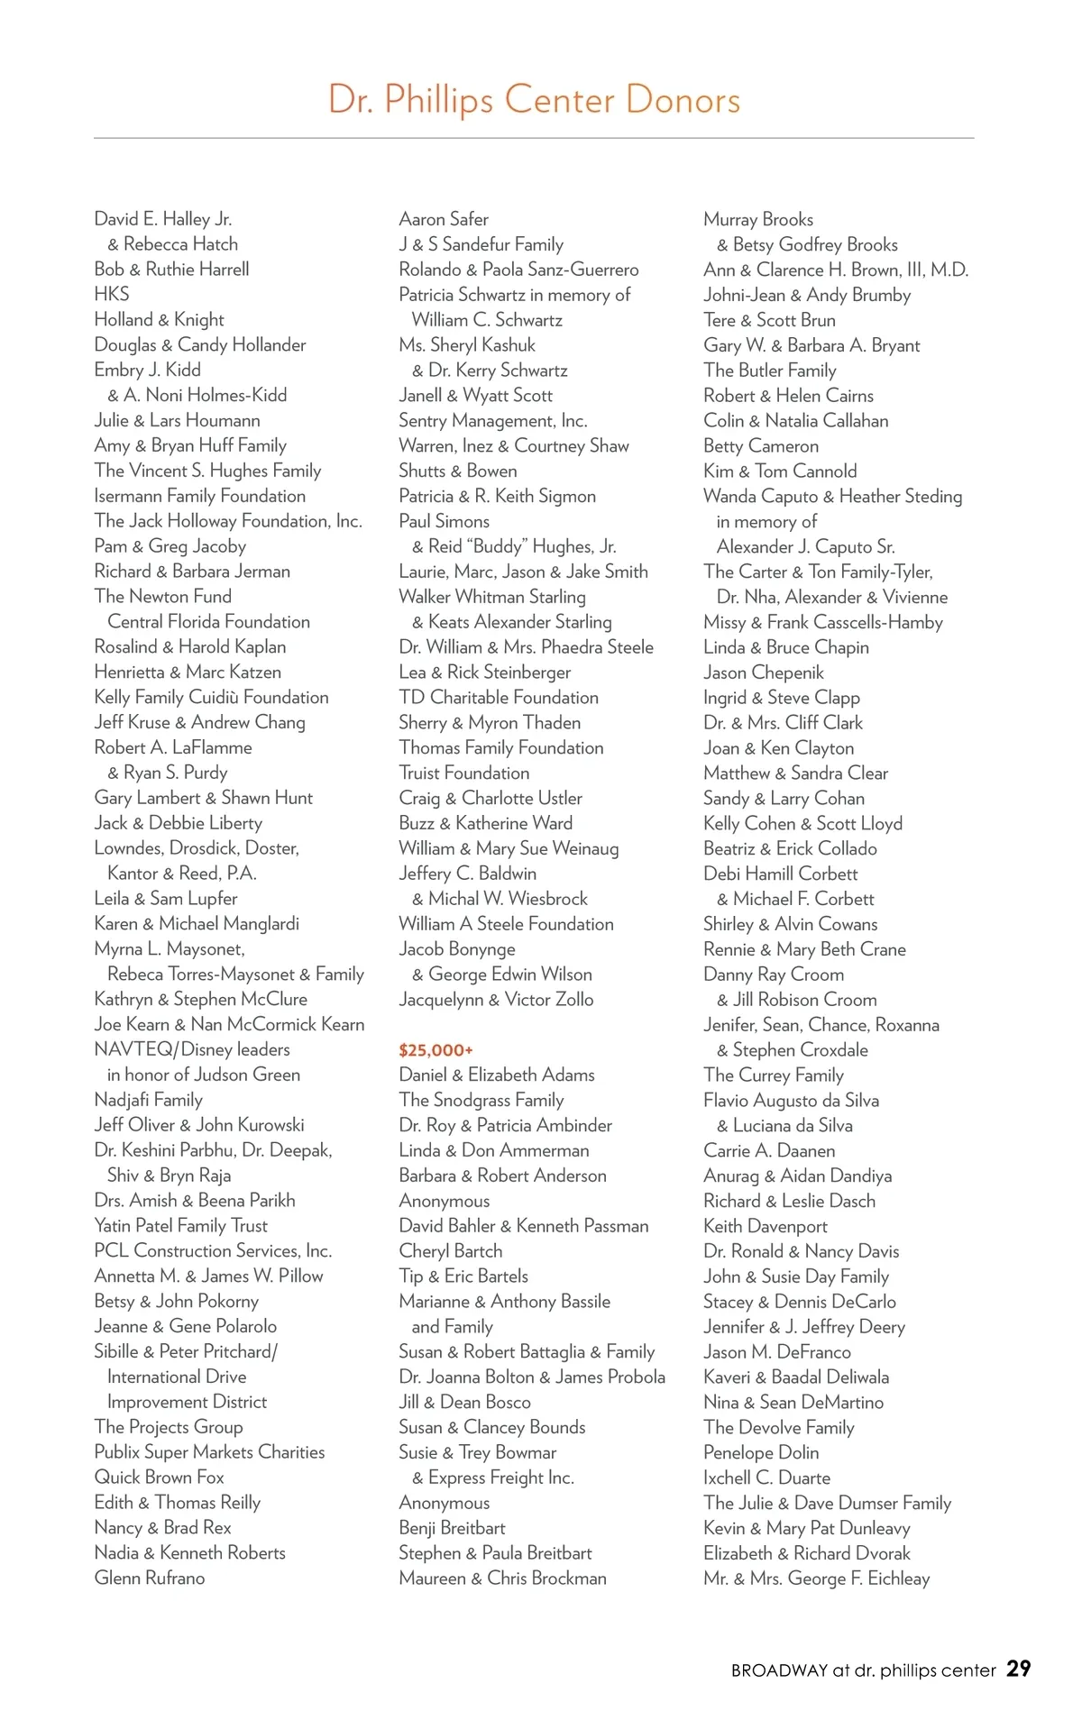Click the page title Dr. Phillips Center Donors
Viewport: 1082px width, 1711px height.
coord(534,100)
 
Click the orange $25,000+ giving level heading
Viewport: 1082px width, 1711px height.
coord(436,1050)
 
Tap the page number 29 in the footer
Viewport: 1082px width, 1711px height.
coord(1019,1669)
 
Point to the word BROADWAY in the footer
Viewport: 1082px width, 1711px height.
coord(779,1670)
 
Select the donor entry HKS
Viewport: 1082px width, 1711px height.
coord(112,294)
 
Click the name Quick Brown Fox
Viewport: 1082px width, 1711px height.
coord(160,1478)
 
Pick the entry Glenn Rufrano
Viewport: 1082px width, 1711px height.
coord(150,1578)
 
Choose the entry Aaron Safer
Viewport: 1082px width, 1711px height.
coord(444,219)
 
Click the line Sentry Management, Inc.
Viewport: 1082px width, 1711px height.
coord(493,421)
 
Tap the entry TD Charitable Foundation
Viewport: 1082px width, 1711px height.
coord(499,698)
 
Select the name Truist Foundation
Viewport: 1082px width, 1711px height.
coord(464,773)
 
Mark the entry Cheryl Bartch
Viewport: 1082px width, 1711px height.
coord(451,1251)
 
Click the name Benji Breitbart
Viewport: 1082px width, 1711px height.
coord(452,1528)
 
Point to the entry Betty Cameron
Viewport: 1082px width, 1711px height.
coord(761,446)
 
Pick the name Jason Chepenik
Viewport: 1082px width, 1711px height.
coord(764,673)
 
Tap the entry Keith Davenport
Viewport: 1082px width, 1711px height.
coord(766,1226)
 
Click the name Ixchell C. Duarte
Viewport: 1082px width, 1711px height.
coord(767,1478)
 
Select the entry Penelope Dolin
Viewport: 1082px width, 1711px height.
coord(761,1452)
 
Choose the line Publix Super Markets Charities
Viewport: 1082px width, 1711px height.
coord(209,1452)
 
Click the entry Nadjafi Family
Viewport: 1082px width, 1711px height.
coord(149,1100)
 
